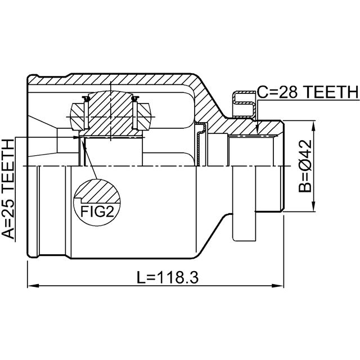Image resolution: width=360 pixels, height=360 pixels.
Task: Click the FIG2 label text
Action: pos(97,211)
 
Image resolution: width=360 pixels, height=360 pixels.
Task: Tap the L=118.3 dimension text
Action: pos(168,277)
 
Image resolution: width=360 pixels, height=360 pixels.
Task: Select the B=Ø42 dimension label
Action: pos(305,166)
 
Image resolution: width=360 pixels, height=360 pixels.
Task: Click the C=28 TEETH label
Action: pos(308,92)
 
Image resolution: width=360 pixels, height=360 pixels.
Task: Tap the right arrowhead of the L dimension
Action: pos(278,286)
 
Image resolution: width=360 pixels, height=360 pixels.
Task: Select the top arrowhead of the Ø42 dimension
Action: pos(313,126)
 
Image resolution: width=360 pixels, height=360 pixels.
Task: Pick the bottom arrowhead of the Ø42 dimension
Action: pos(313,206)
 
